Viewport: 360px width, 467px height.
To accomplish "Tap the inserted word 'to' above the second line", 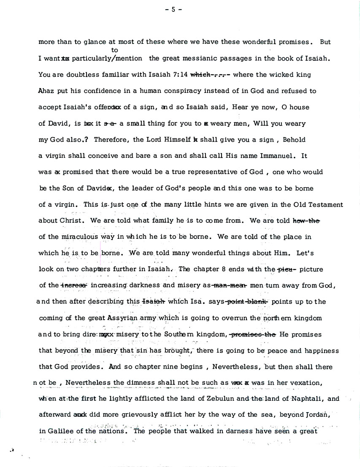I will click(114, 50).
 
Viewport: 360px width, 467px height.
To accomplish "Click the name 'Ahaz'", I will click(46, 91).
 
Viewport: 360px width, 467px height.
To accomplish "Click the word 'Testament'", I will click(325, 205).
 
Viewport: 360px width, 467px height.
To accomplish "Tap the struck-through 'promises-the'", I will click(252, 335).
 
